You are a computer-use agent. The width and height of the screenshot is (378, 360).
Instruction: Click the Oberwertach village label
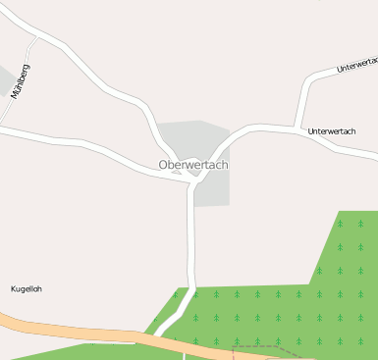(192, 165)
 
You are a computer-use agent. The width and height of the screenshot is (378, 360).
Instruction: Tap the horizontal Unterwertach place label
(331, 130)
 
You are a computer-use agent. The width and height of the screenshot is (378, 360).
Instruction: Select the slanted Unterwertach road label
(356, 66)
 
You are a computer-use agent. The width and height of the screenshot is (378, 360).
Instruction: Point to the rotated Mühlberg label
(20, 81)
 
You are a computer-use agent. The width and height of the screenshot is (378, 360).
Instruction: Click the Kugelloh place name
(27, 288)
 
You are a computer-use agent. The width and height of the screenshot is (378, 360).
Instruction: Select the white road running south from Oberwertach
(191, 245)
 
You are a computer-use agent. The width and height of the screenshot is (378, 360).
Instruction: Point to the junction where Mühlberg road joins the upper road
(36, 38)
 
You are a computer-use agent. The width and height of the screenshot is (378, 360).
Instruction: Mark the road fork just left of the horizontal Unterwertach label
(296, 128)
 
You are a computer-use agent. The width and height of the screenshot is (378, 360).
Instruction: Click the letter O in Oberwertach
(163, 165)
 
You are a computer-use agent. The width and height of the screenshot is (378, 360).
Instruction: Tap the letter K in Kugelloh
(13, 288)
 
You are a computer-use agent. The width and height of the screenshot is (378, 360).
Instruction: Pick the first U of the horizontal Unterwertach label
(310, 130)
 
